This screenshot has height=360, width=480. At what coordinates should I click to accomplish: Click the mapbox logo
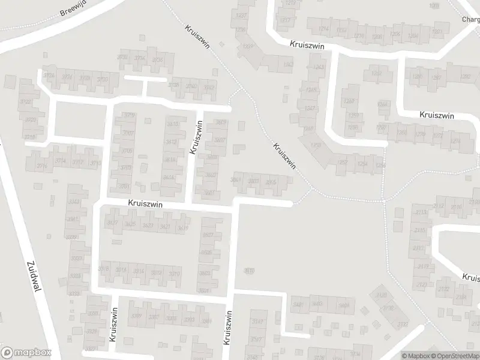click(x=26, y=352)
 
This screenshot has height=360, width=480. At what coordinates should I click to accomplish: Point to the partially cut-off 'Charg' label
click(x=470, y=19)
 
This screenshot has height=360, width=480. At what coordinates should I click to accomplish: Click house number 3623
click(x=148, y=226)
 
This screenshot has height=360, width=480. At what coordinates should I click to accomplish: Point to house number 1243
click(x=318, y=67)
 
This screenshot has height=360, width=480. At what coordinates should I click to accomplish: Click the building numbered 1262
click(x=376, y=73)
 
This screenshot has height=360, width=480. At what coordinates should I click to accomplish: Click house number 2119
click(x=424, y=266)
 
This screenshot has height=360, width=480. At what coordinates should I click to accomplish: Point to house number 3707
click(x=128, y=133)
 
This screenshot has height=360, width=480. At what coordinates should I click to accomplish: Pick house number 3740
click(x=191, y=86)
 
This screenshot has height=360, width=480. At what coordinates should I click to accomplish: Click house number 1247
click(x=310, y=109)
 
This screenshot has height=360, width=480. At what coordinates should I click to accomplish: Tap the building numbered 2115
click(x=419, y=230)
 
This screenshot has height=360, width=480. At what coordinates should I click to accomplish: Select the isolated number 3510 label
click(x=249, y=271)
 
